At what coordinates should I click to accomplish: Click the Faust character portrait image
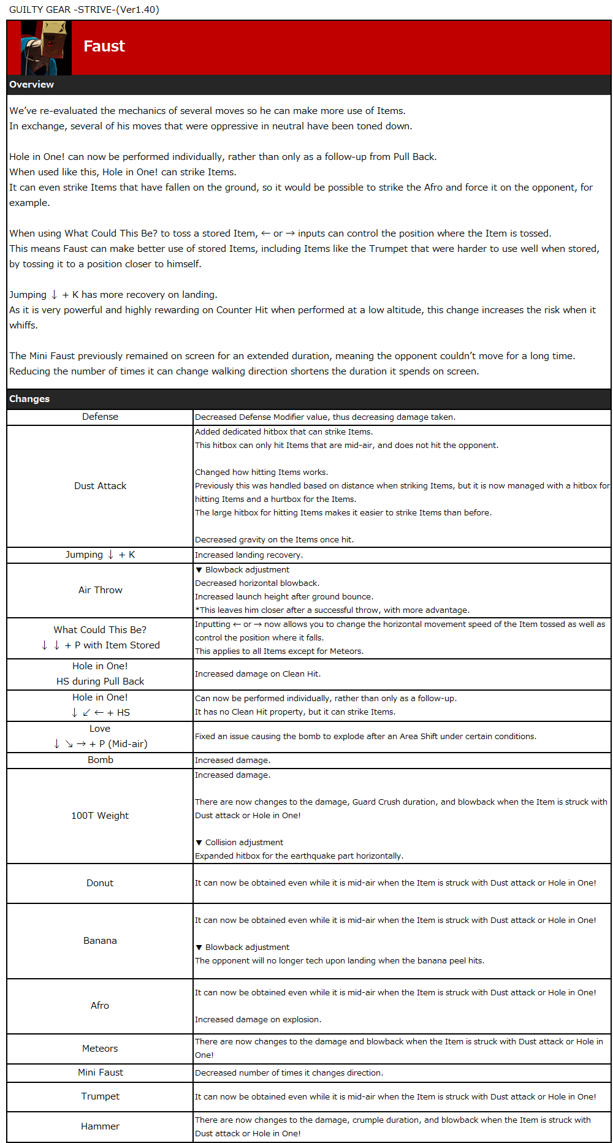[x=46, y=47]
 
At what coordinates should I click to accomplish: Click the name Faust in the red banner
[x=104, y=47]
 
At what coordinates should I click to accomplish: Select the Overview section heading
[x=32, y=85]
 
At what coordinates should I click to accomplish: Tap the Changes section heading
[x=29, y=399]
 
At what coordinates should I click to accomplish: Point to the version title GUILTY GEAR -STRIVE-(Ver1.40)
[x=84, y=10]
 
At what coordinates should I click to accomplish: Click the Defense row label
[x=100, y=417]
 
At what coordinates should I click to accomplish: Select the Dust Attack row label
[x=100, y=486]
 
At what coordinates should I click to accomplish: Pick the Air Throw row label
[x=100, y=590]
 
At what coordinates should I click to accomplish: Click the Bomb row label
[x=100, y=760]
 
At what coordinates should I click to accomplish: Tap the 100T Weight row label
[x=100, y=816]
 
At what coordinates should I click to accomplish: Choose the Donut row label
[x=100, y=883]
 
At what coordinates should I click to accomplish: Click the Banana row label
[x=100, y=941]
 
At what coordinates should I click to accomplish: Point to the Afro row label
[x=100, y=1006]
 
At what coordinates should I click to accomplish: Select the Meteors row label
[x=100, y=1049]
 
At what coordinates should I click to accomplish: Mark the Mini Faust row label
[x=100, y=1073]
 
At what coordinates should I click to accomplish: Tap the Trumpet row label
[x=100, y=1096]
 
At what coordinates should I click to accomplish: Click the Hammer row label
[x=100, y=1126]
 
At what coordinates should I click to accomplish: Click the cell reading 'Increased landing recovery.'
[x=249, y=555]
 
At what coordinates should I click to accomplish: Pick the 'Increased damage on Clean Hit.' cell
[x=257, y=674]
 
